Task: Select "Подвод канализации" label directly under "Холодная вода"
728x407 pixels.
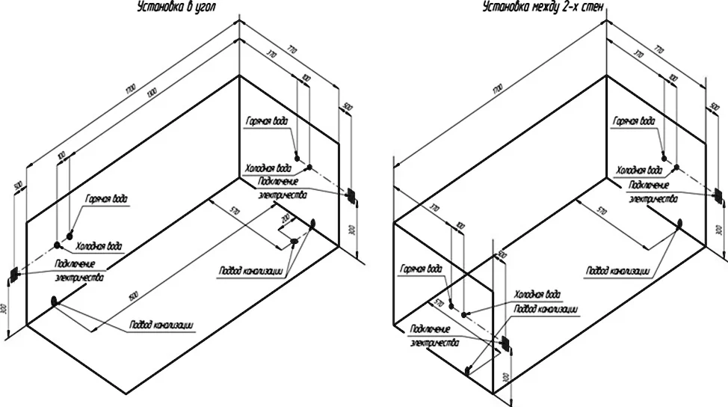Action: pyautogui.click(x=546, y=308)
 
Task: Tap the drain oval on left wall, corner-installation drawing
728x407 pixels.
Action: pyautogui.click(x=55, y=301)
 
